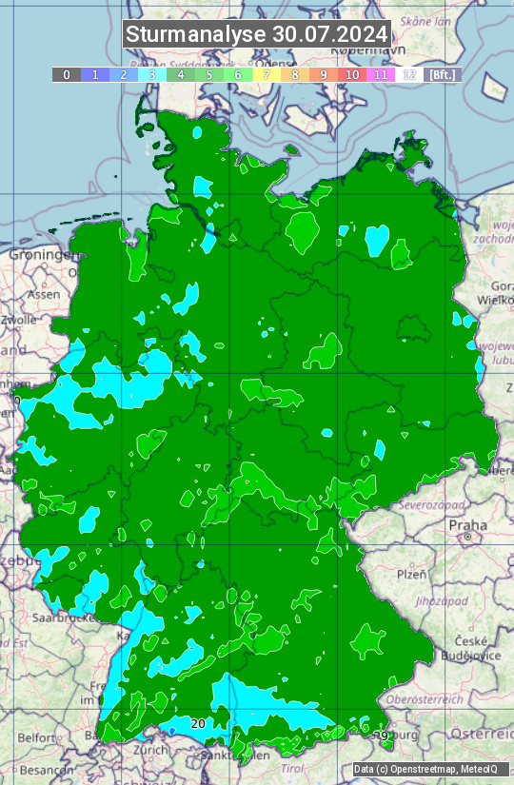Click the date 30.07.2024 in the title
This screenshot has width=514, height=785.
(x=329, y=35)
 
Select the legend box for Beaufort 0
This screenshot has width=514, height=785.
(x=66, y=74)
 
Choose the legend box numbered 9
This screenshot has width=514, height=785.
(x=324, y=74)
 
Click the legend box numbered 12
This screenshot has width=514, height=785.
(x=409, y=74)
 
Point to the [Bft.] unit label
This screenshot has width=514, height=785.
(x=442, y=74)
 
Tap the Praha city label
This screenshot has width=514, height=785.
(x=467, y=525)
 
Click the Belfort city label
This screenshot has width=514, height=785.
(x=38, y=736)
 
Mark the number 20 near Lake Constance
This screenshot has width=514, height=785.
(x=198, y=724)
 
